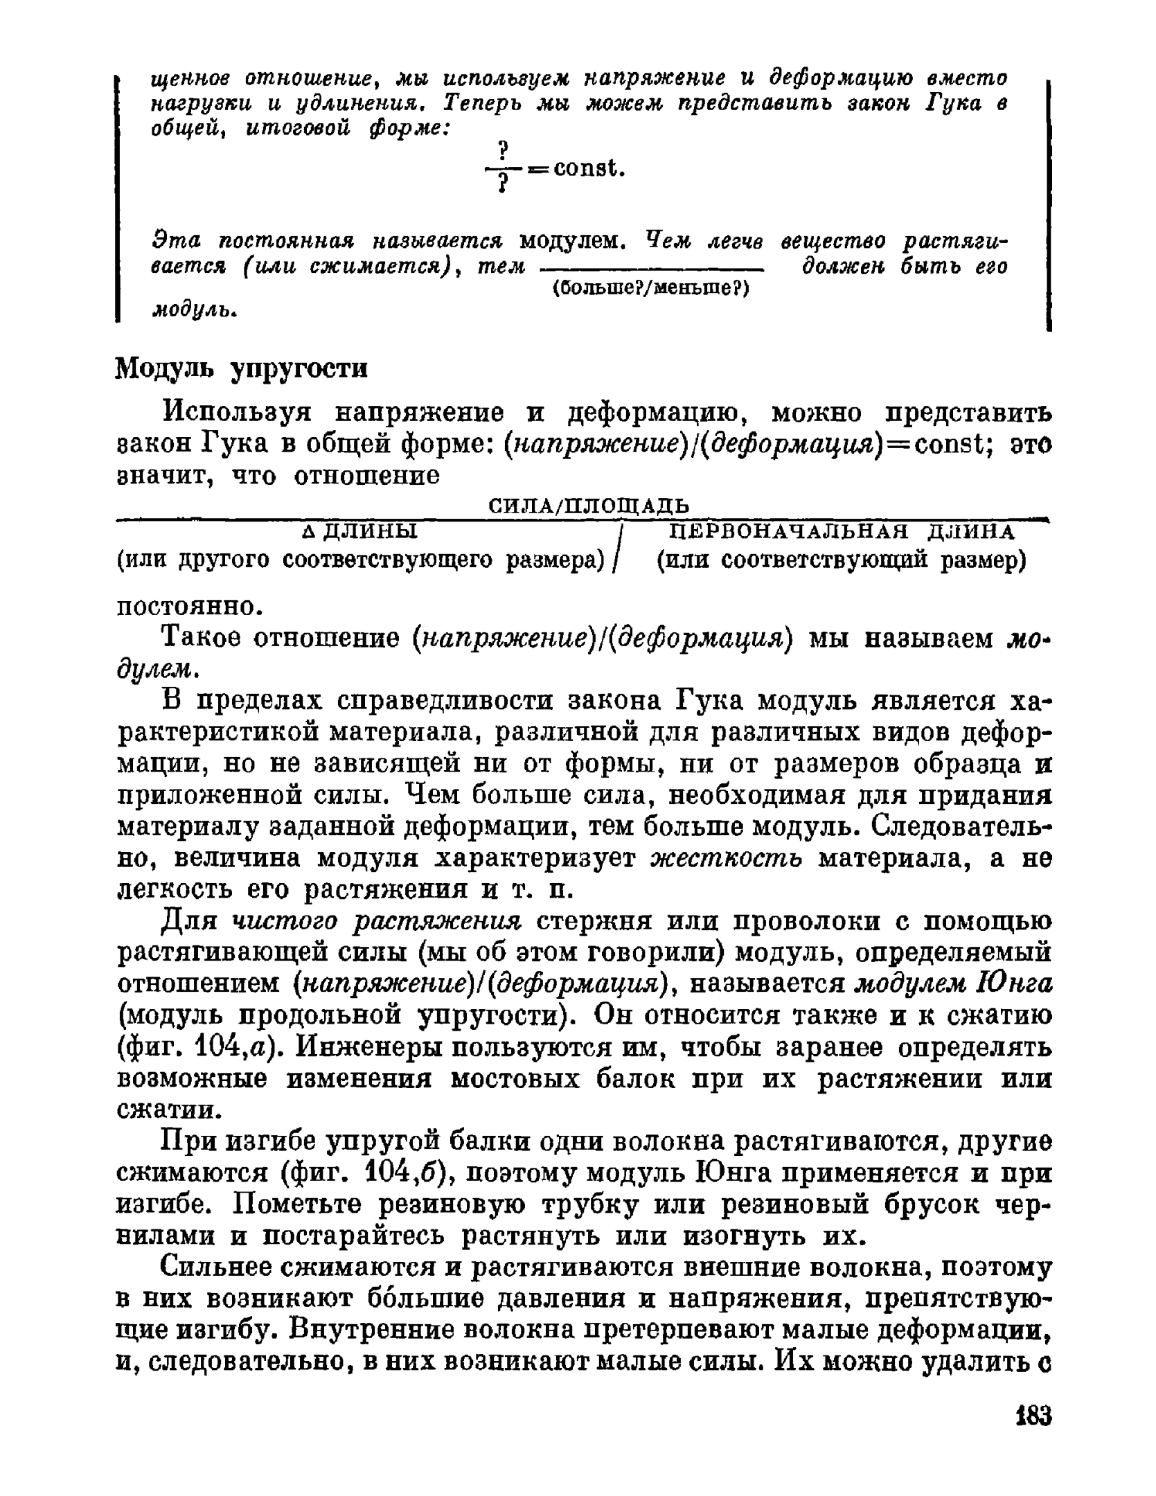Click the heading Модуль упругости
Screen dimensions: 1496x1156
pos(241,369)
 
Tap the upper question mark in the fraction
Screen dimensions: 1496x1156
pos(504,148)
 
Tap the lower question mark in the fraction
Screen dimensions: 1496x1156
pos(504,184)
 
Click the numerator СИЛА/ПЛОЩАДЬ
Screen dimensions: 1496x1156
pos(589,505)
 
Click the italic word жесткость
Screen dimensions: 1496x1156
pos(727,859)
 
